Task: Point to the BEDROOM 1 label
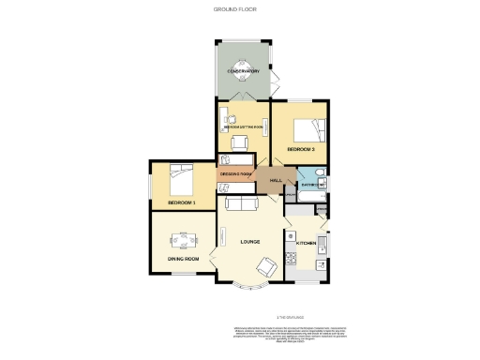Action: click(181, 202)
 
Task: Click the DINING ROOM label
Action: click(183, 258)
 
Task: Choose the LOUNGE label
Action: click(249, 243)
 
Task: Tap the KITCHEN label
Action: click(307, 244)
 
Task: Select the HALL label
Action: click(276, 180)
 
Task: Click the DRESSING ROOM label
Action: click(235, 174)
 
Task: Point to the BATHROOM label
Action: click(311, 185)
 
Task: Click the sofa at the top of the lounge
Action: click(240, 203)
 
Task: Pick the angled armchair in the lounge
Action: click(265, 268)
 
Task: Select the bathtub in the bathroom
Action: click(312, 174)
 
